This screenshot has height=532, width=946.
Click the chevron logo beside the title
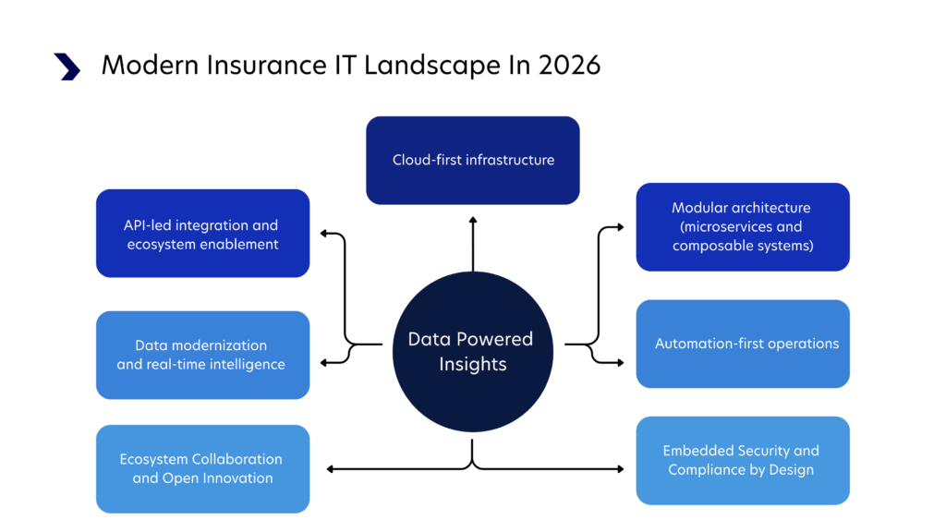(67, 66)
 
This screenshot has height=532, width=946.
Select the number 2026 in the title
(569, 66)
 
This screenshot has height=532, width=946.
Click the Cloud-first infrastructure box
(473, 160)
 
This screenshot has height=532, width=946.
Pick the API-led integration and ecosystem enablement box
(202, 234)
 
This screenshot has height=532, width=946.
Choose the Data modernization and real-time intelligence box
(202, 355)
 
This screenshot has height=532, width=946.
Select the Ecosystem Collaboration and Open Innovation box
(202, 468)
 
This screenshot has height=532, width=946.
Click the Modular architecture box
(743, 226)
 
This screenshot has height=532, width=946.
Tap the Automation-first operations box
(743, 344)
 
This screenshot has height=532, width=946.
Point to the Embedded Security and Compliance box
(743, 460)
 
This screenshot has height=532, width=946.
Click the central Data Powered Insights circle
(472, 352)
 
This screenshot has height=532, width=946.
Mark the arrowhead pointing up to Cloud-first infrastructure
(473, 220)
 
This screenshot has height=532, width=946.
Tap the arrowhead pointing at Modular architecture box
(624, 226)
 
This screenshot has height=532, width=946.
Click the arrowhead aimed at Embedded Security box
(620, 469)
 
